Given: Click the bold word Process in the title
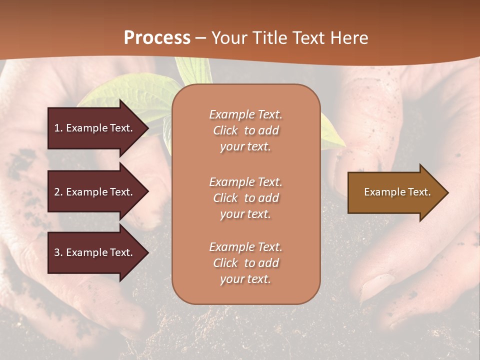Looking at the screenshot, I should [157, 38].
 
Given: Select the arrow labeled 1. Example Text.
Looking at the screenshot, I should [95, 128].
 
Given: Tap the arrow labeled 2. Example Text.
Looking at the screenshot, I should [95, 192].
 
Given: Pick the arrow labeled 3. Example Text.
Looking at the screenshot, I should [95, 252].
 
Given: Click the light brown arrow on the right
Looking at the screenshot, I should [395, 192].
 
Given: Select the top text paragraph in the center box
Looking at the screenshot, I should [245, 130].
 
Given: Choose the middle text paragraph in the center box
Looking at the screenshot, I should [245, 198].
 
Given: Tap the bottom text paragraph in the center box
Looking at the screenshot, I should [245, 263].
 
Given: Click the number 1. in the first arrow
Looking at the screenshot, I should [58, 128].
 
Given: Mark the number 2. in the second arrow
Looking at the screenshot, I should [58, 192].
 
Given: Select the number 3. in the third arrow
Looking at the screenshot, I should [58, 252].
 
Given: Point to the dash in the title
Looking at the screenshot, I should [201, 38].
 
